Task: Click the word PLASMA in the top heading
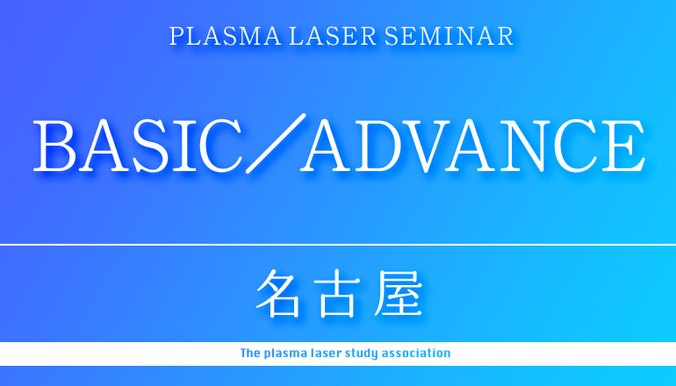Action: (225, 36)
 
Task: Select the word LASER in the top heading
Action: (333, 36)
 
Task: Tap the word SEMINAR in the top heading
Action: (449, 36)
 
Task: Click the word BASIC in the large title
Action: (138, 146)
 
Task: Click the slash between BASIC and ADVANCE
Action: (276, 144)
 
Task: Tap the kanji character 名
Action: (277, 294)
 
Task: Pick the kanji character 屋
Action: (399, 294)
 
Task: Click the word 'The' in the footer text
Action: (249, 354)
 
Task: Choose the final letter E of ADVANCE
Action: (623, 147)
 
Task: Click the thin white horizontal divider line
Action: (338, 245)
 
